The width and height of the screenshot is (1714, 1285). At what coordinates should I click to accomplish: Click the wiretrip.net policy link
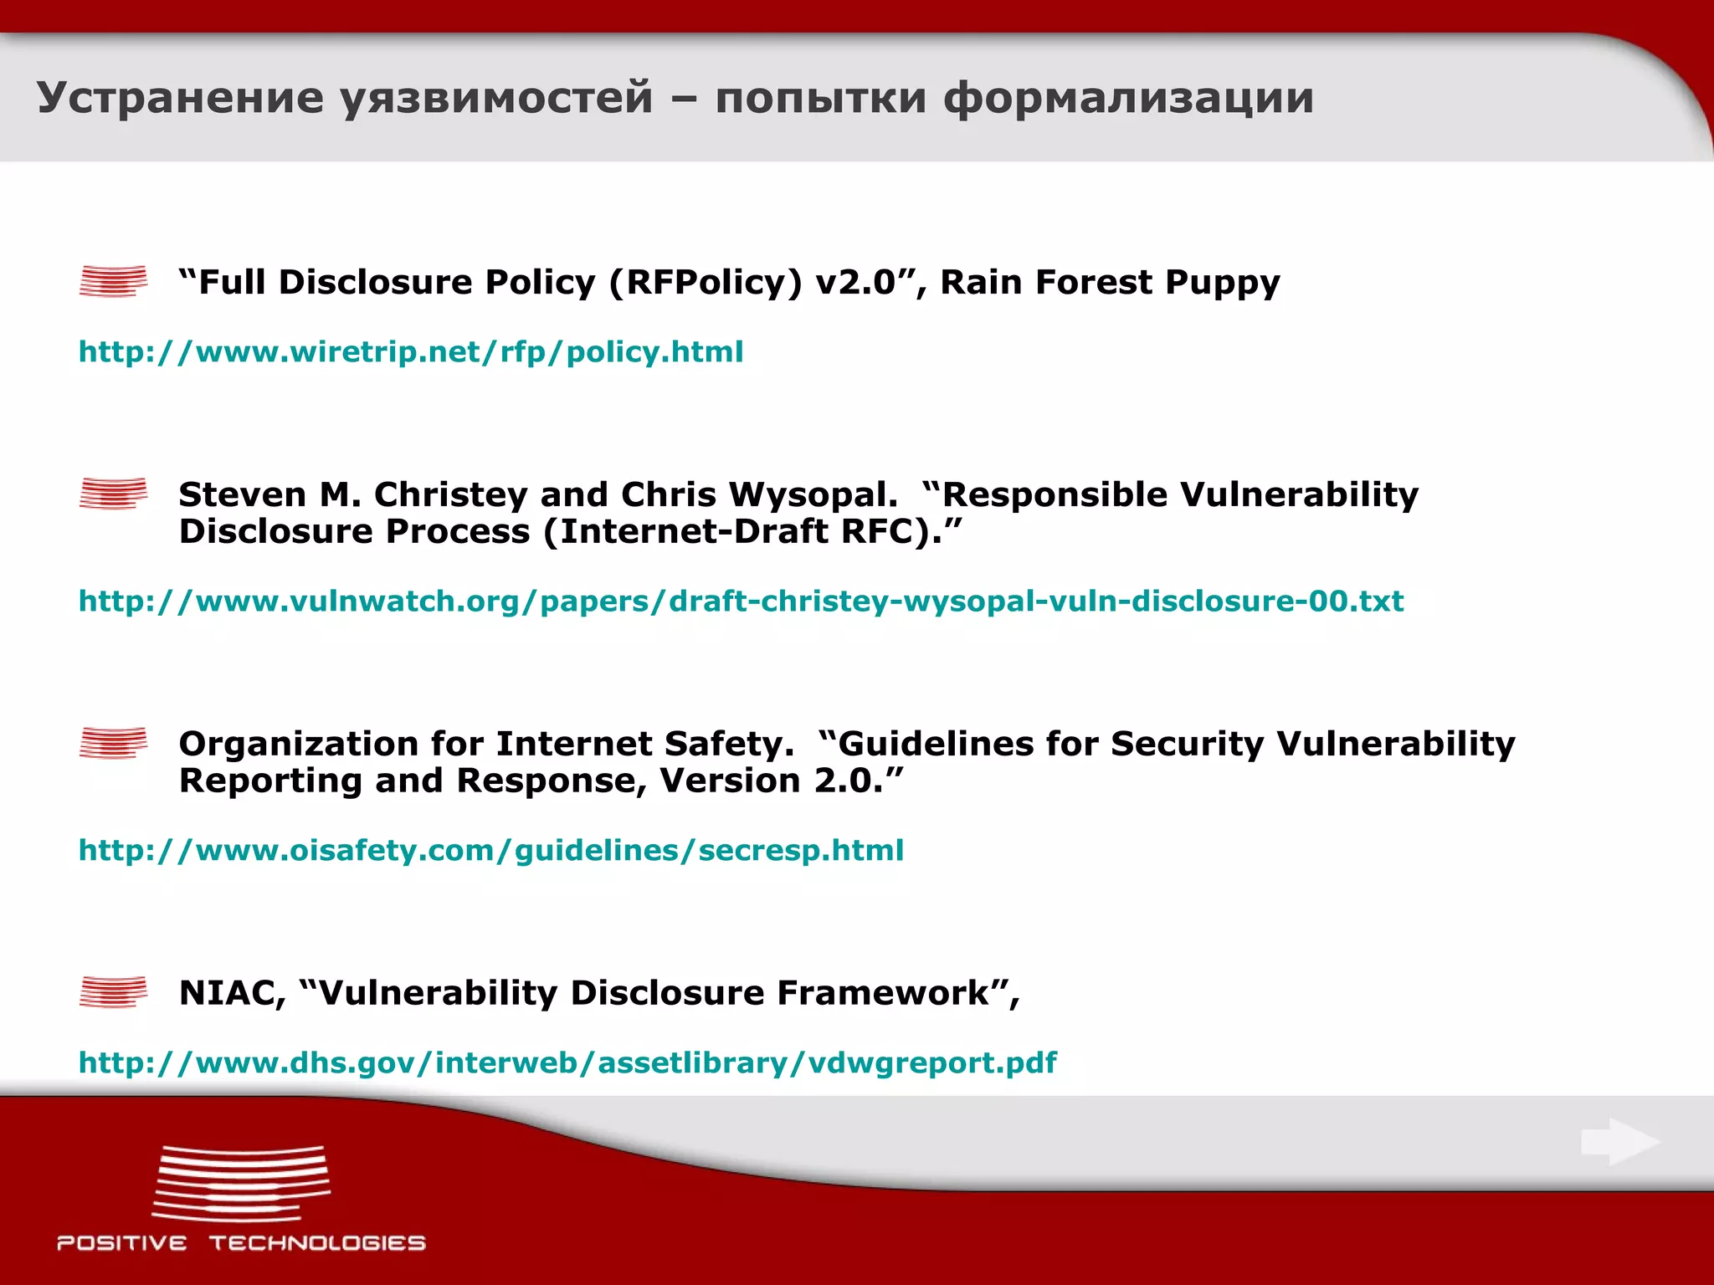[410, 352]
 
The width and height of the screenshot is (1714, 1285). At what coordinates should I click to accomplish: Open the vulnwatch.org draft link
[741, 602]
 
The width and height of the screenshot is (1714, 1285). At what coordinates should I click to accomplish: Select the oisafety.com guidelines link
[491, 851]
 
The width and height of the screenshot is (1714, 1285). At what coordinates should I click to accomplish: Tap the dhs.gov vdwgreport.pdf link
[567, 1063]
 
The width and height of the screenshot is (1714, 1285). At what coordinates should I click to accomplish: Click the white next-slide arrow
[1620, 1142]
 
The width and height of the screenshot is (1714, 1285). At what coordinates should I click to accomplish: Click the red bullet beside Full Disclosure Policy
[113, 281]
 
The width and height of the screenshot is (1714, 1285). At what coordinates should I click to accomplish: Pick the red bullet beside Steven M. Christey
[113, 494]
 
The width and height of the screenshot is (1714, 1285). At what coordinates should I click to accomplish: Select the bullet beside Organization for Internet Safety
[113, 743]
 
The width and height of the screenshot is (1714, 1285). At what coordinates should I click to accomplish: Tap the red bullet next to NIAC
[113, 992]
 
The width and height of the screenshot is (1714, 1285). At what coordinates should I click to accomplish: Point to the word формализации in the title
[1128, 98]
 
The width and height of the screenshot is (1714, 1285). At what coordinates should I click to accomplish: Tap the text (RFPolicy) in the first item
[705, 283]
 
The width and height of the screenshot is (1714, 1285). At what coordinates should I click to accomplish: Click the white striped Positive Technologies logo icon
[241, 1183]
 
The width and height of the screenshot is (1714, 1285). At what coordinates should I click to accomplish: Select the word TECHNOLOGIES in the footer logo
[317, 1243]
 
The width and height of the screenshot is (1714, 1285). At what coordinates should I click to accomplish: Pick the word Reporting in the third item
[269, 781]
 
